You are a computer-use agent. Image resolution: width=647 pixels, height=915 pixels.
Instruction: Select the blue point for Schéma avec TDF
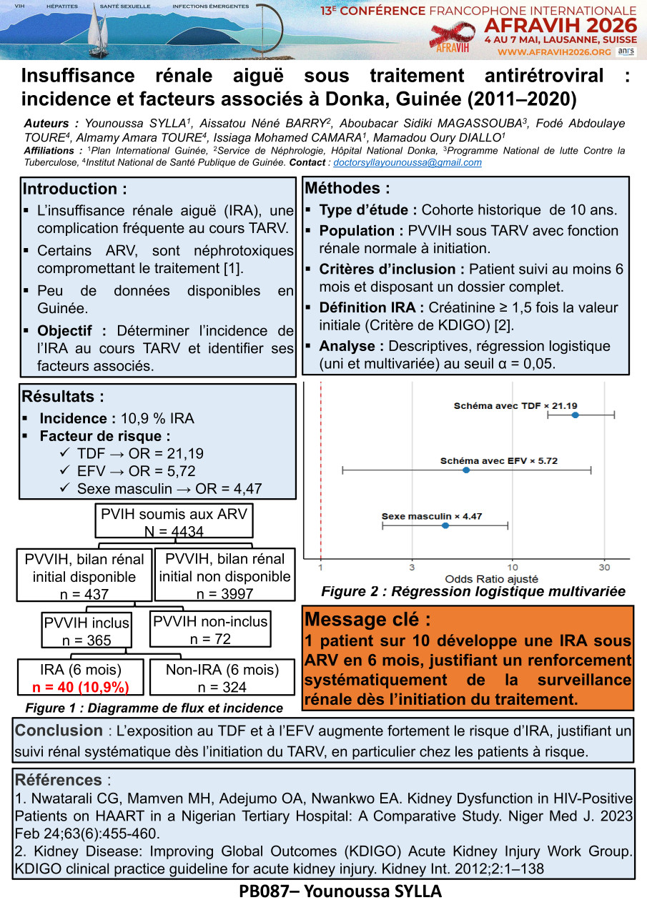coord(575,415)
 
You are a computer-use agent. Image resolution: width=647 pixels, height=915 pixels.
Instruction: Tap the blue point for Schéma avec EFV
coord(466,470)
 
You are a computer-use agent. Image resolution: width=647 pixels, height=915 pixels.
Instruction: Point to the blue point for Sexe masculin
coord(445,525)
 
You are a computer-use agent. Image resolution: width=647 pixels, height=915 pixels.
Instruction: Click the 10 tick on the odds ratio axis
coord(512,567)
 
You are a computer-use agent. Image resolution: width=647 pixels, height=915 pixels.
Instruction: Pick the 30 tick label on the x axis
coord(604,567)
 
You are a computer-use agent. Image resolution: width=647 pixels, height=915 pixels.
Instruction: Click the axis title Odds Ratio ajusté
coord(491,578)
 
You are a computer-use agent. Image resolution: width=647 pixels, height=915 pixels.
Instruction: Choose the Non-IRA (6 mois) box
coord(222,678)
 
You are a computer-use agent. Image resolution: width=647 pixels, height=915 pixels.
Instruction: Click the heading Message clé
coord(367,619)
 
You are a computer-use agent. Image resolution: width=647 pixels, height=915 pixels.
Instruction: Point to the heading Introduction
coord(75,189)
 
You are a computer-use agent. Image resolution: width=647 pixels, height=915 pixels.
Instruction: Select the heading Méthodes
coord(347,189)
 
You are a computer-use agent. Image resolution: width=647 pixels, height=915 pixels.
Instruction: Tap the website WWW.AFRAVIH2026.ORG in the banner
coord(554,52)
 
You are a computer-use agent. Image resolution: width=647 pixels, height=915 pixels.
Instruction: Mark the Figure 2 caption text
coord(473,591)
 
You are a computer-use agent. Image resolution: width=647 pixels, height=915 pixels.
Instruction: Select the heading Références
coord(58,780)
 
